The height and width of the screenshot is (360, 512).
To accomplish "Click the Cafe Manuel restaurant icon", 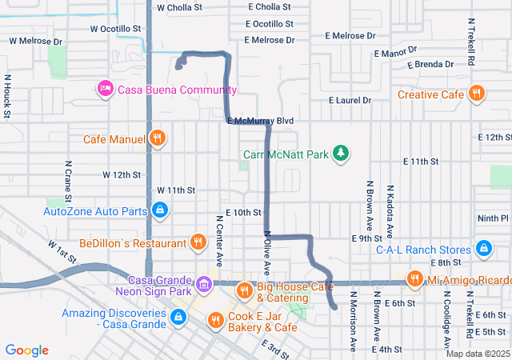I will click(x=158, y=138).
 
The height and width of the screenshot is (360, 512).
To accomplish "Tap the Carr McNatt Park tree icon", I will click(x=342, y=152).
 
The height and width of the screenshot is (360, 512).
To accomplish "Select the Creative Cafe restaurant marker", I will click(x=476, y=94).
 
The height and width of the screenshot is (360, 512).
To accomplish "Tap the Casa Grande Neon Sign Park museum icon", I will click(x=203, y=283).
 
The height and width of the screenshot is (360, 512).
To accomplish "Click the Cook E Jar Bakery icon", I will click(x=214, y=321).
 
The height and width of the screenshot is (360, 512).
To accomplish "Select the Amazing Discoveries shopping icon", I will click(x=178, y=318).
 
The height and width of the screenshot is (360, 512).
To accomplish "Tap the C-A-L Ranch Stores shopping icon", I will click(x=483, y=248).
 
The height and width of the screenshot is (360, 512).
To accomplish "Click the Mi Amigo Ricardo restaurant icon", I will click(x=414, y=278).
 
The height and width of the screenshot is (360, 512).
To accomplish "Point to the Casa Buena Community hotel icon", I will click(x=104, y=88).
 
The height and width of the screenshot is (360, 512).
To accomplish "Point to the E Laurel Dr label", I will click(x=350, y=100).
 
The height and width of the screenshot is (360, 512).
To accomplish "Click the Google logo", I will click(x=27, y=350).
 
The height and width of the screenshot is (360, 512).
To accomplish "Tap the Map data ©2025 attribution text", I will click(x=477, y=354).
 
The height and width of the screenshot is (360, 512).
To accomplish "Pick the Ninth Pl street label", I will click(x=493, y=218).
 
